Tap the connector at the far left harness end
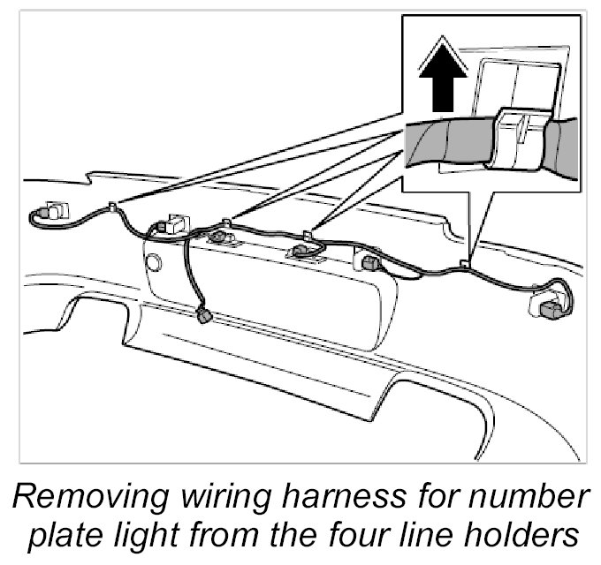49,212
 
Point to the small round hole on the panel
154,261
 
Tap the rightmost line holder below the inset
465,263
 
